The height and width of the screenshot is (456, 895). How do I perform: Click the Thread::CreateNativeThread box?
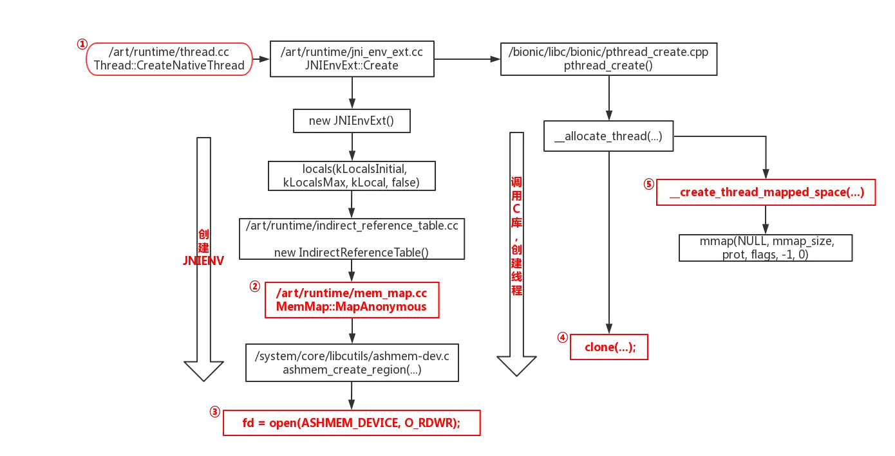(169, 59)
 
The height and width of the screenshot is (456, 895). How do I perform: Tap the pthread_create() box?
(608, 59)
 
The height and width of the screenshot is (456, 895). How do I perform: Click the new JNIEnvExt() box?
(352, 120)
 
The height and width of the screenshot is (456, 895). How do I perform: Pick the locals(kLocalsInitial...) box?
(352, 176)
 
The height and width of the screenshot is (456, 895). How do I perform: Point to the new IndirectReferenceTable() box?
(352, 239)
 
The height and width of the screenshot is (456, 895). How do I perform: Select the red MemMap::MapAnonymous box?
(352, 300)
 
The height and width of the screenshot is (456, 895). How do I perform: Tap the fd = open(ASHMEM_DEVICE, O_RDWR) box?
(352, 423)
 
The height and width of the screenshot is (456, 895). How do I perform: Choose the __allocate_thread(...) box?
(608, 136)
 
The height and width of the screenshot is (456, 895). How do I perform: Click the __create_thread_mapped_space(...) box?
(766, 192)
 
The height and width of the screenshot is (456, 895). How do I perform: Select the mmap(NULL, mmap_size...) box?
(766, 248)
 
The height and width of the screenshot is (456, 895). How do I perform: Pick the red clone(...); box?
(608, 347)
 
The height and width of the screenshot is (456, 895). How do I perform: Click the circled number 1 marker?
(82, 44)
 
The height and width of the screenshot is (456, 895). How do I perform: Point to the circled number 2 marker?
(255, 286)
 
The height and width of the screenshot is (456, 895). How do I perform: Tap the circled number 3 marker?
(214, 411)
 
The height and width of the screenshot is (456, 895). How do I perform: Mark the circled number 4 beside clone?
(562, 337)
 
